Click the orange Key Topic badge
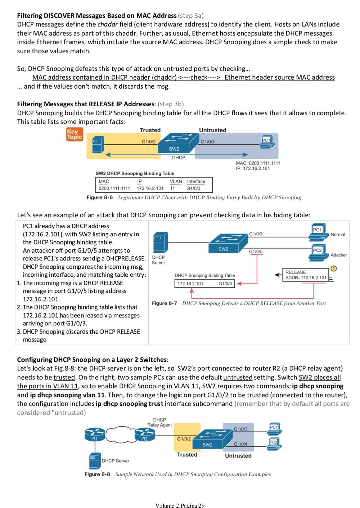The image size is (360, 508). (x=75, y=134)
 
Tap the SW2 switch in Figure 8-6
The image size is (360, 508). (x=178, y=143)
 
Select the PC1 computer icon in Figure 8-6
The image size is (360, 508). (x=267, y=142)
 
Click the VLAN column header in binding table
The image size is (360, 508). (x=176, y=182)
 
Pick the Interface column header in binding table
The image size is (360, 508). (x=196, y=182)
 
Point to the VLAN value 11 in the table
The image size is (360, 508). (x=172, y=188)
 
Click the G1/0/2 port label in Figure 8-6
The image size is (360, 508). (x=149, y=142)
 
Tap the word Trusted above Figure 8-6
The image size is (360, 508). (x=150, y=130)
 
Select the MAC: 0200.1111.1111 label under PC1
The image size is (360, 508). (x=258, y=163)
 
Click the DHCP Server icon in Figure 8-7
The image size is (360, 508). (x=161, y=242)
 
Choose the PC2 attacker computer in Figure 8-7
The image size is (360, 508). (x=319, y=253)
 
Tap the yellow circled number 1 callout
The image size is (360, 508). (x=334, y=268)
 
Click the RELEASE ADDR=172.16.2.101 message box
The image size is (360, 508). (x=305, y=275)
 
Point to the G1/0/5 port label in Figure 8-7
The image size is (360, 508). (x=256, y=251)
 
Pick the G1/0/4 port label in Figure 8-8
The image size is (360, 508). (x=240, y=444)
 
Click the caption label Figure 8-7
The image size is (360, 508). (x=164, y=303)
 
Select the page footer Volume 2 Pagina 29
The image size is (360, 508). (x=180, y=505)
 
